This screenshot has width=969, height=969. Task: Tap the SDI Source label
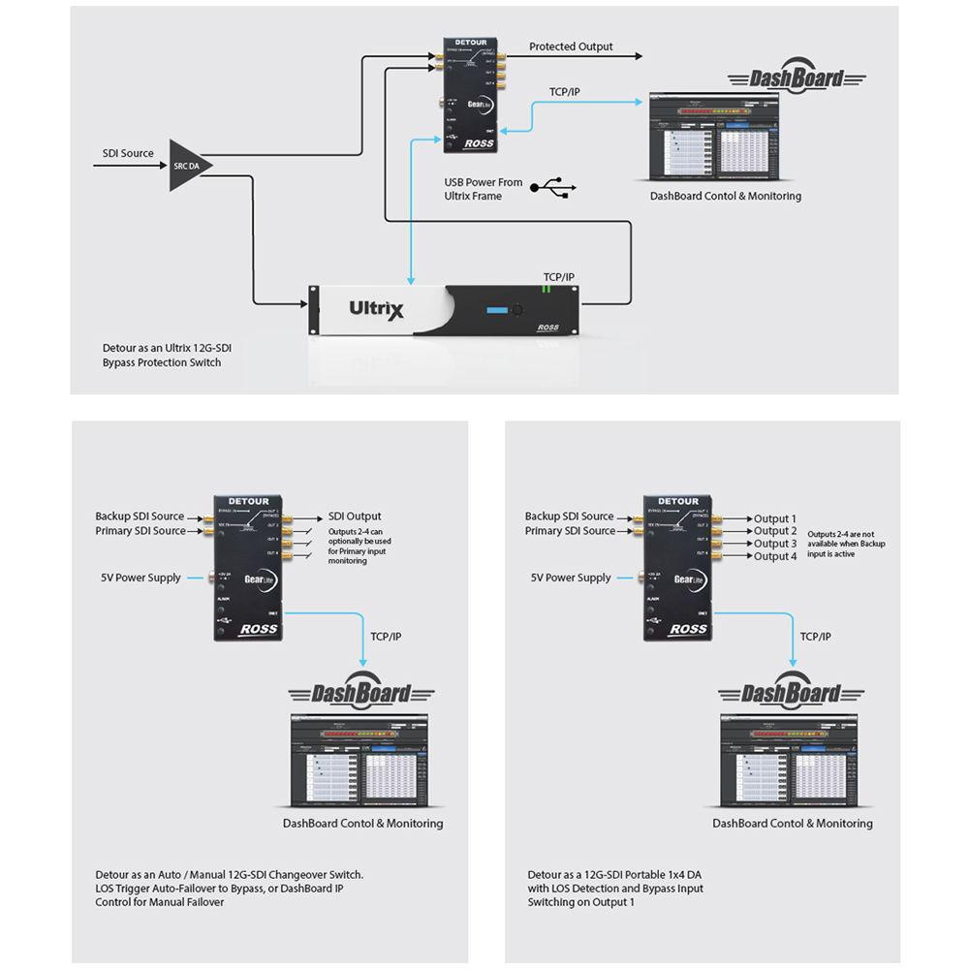pyautogui.click(x=128, y=153)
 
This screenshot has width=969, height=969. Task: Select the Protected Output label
pyautogui.click(x=571, y=47)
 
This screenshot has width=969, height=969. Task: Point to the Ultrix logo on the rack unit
pyautogui.click(x=376, y=309)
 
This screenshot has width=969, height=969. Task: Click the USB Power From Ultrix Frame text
pyautogui.click(x=483, y=189)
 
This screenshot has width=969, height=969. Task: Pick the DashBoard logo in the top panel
pyautogui.click(x=797, y=79)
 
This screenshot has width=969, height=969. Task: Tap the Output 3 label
pyautogui.click(x=775, y=544)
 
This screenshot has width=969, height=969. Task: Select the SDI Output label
pyautogui.click(x=355, y=516)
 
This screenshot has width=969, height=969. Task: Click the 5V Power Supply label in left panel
pyautogui.click(x=141, y=578)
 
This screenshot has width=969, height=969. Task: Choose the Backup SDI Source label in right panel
pyautogui.click(x=570, y=516)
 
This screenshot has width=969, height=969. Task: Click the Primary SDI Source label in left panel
pyautogui.click(x=140, y=531)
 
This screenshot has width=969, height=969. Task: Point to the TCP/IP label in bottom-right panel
pyautogui.click(x=815, y=637)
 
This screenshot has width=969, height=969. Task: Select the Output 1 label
pyautogui.click(x=775, y=518)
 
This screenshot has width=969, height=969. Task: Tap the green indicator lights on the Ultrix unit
pyautogui.click(x=547, y=289)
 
